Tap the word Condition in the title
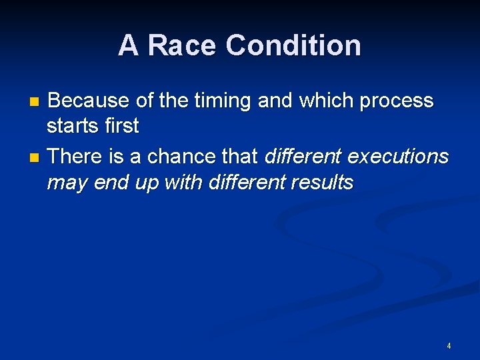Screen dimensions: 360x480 click(x=293, y=46)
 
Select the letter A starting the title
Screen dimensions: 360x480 click(x=129, y=46)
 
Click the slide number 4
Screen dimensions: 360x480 click(x=449, y=346)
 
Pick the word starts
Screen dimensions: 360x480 click(x=73, y=125)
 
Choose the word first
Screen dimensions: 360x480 click(x=121, y=125)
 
